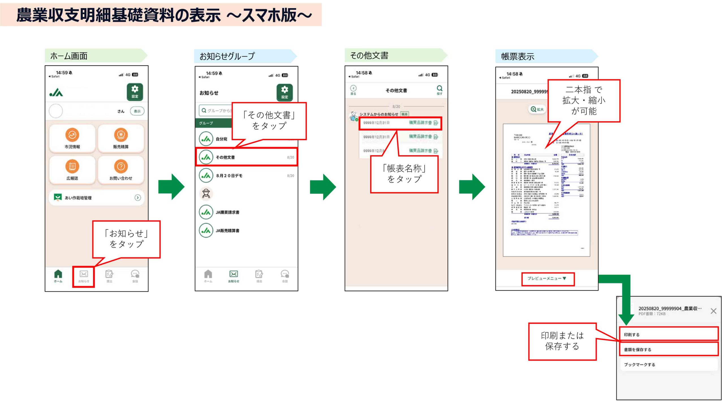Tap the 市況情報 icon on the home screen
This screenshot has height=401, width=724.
[x=72, y=135]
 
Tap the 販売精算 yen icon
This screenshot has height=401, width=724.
[x=121, y=135]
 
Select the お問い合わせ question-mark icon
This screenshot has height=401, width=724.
[x=121, y=166]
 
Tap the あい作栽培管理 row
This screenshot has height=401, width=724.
[x=96, y=198]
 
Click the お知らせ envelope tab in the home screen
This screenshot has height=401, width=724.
[x=83, y=276]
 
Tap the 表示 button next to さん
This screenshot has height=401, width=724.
[x=137, y=111]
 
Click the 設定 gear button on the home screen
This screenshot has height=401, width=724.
[x=135, y=92]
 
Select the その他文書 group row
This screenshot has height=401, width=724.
[x=246, y=157]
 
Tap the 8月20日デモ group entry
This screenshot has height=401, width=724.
[x=246, y=175]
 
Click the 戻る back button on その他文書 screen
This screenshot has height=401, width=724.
[x=353, y=90]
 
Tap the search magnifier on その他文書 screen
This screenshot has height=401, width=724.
[x=439, y=90]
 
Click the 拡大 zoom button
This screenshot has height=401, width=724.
[x=537, y=110]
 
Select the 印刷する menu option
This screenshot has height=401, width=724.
[x=669, y=334]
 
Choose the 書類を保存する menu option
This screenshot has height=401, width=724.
[x=669, y=349]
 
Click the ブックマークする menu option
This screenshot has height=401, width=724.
[x=669, y=364]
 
